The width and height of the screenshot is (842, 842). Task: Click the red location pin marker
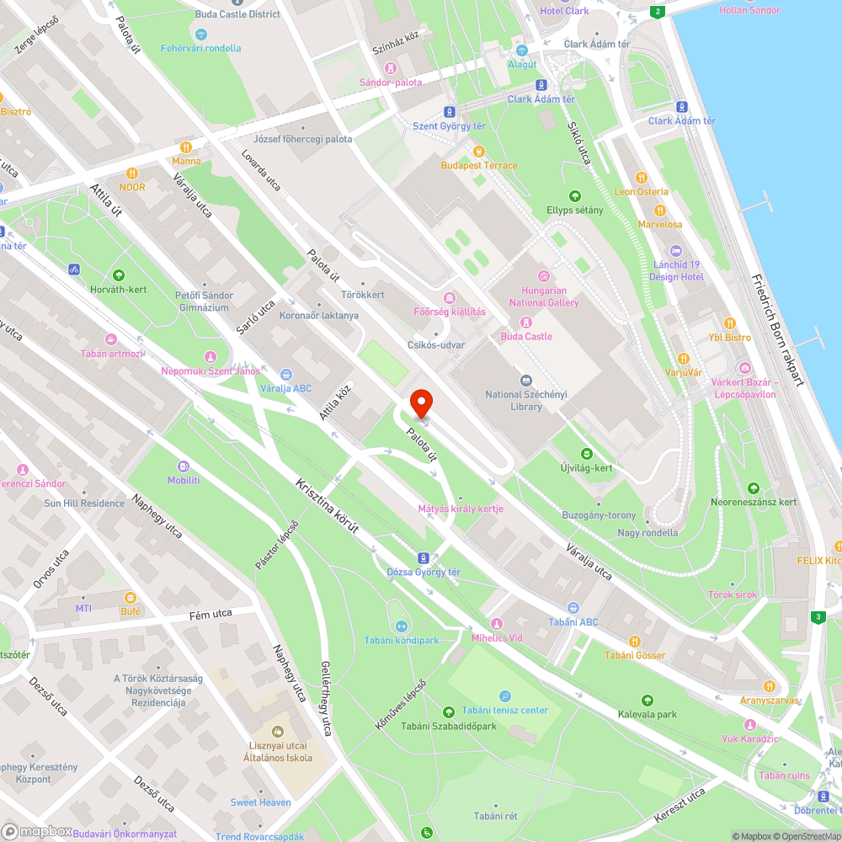(420, 404)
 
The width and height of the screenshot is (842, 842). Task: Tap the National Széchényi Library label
(526, 400)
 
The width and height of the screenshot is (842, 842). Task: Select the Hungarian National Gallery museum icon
(544, 275)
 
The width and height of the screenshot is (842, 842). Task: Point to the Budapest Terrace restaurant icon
(479, 152)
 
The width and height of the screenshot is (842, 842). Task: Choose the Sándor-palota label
(391, 83)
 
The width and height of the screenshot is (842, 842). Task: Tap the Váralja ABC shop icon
(286, 375)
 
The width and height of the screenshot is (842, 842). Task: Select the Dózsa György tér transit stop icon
(424, 557)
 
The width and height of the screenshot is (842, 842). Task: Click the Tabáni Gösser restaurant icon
(635, 641)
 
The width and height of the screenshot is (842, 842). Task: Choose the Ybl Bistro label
(729, 338)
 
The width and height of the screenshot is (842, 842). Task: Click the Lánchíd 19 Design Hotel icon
(676, 251)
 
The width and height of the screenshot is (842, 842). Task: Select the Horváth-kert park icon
(119, 275)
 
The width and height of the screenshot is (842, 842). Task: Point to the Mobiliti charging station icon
(184, 466)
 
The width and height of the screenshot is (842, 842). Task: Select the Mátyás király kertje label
(461, 509)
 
